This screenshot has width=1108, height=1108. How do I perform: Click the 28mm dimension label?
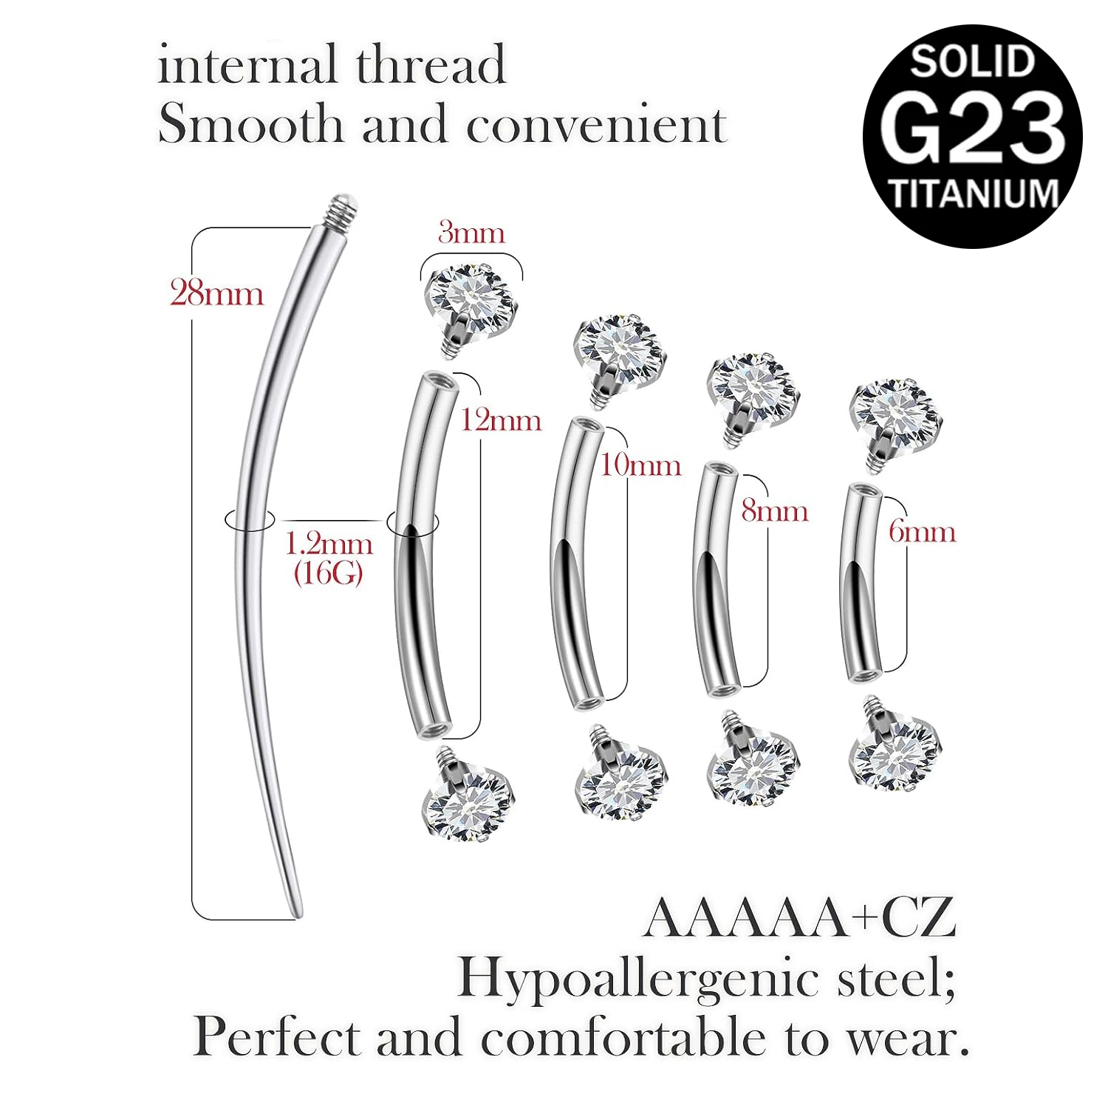click(x=216, y=293)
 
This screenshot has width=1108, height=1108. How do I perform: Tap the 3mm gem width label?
click(x=471, y=233)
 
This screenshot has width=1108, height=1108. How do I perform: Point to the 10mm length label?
click(x=640, y=465)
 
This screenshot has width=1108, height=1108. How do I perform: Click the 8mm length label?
click(x=775, y=510)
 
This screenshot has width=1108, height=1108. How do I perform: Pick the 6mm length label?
click(x=922, y=531)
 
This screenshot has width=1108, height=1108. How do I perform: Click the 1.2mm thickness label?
click(x=329, y=544)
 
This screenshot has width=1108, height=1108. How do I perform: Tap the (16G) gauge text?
click(x=329, y=572)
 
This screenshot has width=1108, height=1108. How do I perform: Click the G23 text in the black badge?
click(x=973, y=127)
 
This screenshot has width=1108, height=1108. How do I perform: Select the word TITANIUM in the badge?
click(x=974, y=194)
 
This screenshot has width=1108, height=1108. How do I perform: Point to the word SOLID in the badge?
click(x=973, y=61)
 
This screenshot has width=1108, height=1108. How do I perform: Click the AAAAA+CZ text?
click(x=800, y=918)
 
